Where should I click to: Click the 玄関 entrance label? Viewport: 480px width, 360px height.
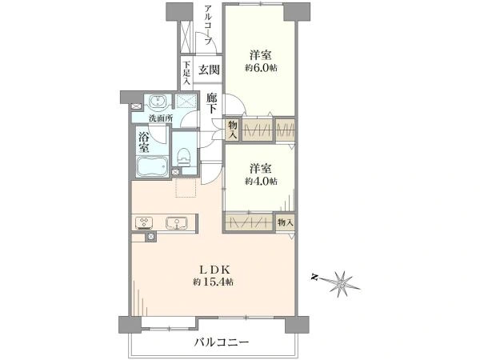point(210,70)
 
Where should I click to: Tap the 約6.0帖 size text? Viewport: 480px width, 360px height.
point(261,68)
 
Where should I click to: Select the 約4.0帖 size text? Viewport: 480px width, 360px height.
point(261,182)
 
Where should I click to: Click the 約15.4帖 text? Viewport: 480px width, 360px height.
point(213,282)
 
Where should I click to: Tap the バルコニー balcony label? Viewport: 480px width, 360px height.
point(222,342)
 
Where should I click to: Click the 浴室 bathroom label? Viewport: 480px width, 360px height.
point(143,142)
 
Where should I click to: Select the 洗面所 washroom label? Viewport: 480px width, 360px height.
point(161,118)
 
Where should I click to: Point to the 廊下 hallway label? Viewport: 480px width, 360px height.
point(211,103)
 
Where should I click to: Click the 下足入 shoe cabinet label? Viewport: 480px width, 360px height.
point(186,73)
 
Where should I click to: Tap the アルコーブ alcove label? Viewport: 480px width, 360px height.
point(209,24)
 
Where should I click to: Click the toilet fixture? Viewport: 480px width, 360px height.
point(184,158)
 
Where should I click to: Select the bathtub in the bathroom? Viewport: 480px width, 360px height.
point(152,167)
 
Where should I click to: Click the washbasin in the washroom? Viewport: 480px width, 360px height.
point(158,102)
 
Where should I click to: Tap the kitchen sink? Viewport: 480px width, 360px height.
point(176,223)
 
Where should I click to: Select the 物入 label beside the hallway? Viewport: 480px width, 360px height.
point(233,130)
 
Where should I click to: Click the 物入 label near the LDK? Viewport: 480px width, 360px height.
point(286,222)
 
